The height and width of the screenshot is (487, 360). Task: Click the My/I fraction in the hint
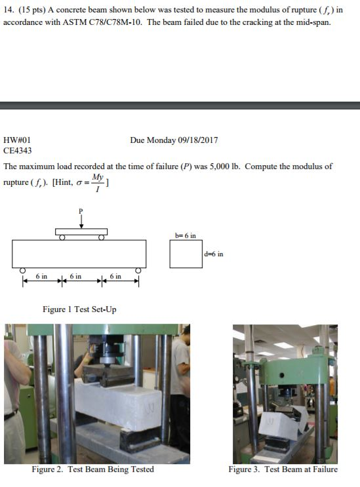point(98,183)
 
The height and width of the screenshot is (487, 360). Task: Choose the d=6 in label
point(214,254)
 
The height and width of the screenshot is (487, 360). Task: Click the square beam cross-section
point(186,254)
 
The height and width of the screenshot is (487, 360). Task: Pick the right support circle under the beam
point(138,271)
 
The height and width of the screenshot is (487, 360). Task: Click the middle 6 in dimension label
point(77,277)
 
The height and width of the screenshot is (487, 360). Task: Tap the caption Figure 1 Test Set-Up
point(79,309)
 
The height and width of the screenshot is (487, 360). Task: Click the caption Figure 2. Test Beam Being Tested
point(93,469)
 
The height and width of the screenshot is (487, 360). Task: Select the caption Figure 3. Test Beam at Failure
point(283,469)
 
